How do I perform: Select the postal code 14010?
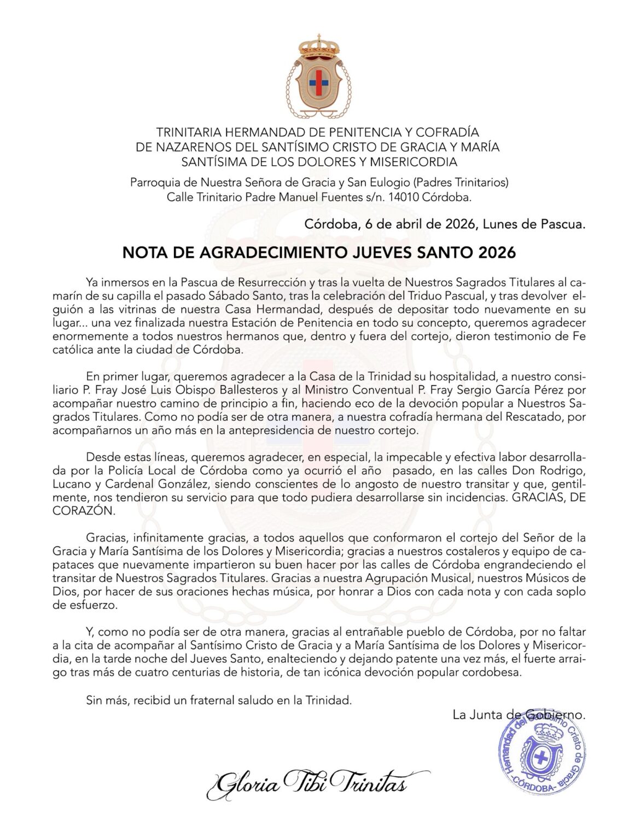click(x=403, y=197)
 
